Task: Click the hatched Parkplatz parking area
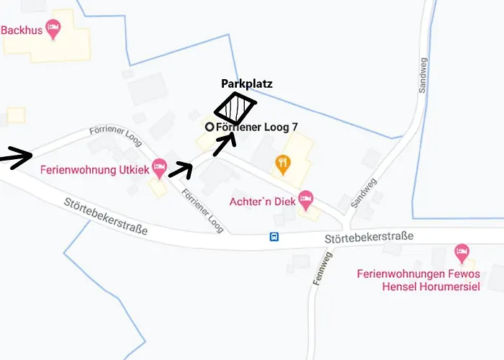(x=235, y=109)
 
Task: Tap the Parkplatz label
(x=246, y=84)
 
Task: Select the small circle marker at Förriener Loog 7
(x=210, y=127)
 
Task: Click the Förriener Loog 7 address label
(x=257, y=127)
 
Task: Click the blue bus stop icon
(x=274, y=236)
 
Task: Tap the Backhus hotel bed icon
(x=52, y=30)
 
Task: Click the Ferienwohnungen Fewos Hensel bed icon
(x=462, y=253)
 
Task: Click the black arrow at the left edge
(x=16, y=156)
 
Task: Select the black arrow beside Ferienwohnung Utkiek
(x=180, y=170)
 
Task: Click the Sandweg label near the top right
(x=422, y=75)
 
